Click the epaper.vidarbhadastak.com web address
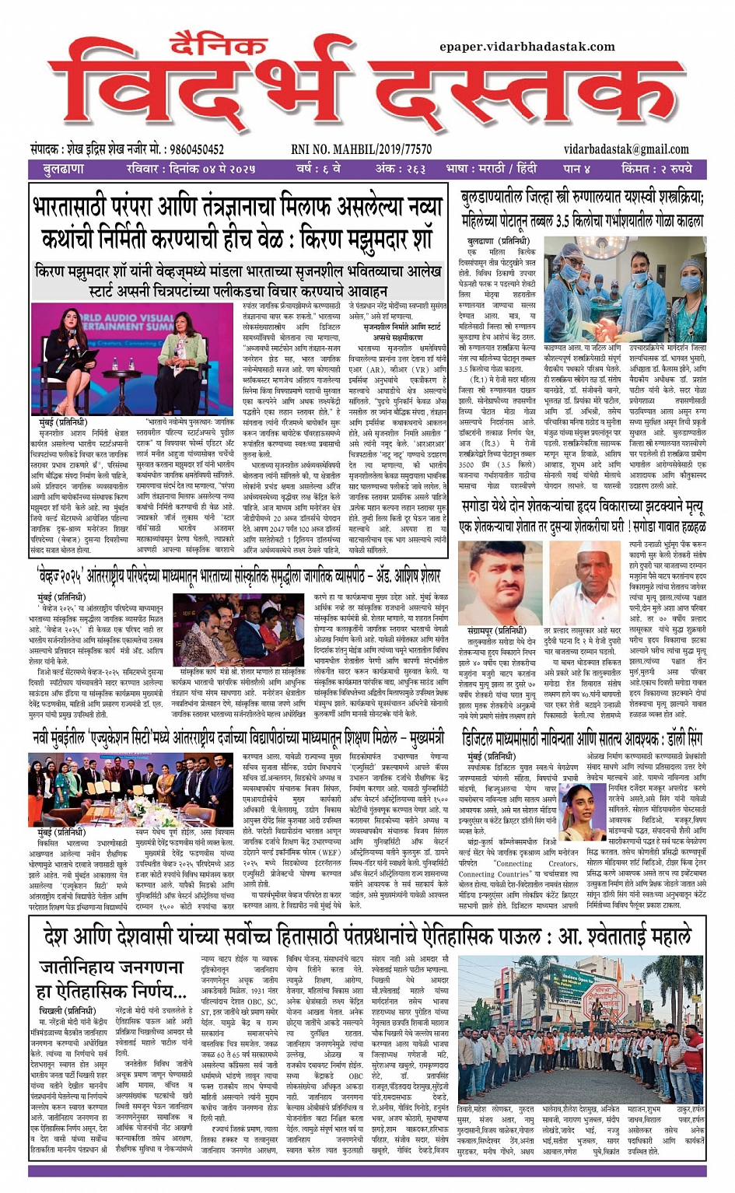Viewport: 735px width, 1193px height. (x=527, y=46)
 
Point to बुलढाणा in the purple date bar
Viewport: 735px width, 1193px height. (x=64, y=168)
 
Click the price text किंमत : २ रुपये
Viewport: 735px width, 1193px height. (x=656, y=168)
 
